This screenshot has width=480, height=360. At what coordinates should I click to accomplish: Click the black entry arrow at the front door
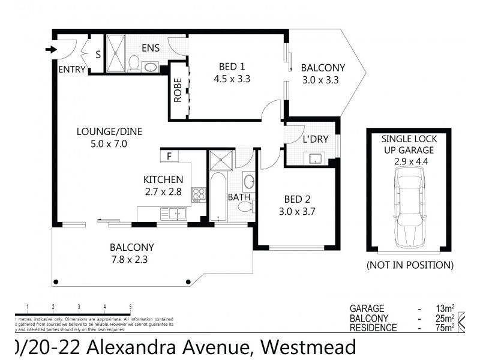pos(50,49)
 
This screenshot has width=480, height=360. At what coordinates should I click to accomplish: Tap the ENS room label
pos(150,47)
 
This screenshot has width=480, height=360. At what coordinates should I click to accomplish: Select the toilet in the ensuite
pos(134,62)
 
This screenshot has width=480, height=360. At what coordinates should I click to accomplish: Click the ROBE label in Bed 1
pos(178,91)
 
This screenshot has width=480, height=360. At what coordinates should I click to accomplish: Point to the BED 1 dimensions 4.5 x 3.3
pos(231,78)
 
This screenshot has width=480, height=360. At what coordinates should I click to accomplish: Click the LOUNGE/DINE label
pos(109,132)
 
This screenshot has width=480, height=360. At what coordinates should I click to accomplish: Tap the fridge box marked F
pos(169,157)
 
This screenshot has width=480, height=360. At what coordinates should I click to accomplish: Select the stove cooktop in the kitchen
pos(199,194)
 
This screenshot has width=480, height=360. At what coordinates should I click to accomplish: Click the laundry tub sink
pos(315,158)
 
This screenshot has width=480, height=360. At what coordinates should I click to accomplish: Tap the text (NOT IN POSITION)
pos(410,265)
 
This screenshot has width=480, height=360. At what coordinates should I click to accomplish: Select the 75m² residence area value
pos(444,328)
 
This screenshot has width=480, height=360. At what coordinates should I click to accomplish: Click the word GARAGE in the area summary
pos(367,308)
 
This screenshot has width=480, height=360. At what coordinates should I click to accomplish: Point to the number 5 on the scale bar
pos(130,306)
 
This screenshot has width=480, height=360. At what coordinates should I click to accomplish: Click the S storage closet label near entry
pos(98,55)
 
